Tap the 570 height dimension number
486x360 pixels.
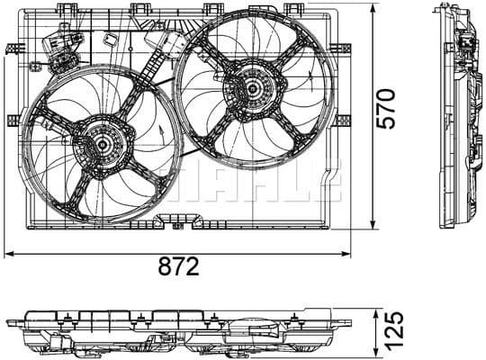pos(385,108)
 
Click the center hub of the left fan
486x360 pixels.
pos(102,146)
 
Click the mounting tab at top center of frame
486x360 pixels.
pos(139,8)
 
